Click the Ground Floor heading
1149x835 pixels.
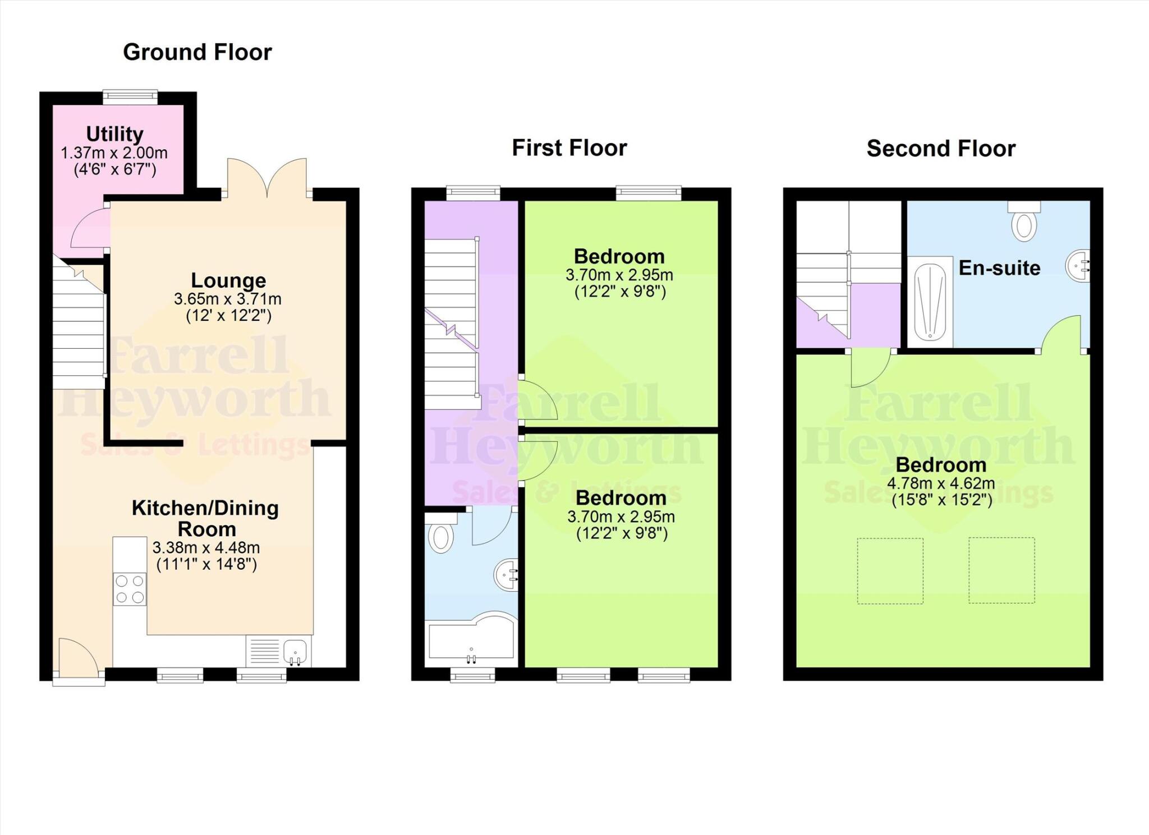(x=197, y=52)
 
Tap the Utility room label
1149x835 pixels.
(x=114, y=134)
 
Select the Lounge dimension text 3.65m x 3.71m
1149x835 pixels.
(x=227, y=299)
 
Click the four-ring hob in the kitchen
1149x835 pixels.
(x=130, y=589)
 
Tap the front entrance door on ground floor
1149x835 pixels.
(x=78, y=662)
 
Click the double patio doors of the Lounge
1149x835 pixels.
(x=267, y=178)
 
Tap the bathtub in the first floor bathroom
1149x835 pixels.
(x=471, y=641)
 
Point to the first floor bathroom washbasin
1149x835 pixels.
(x=507, y=575)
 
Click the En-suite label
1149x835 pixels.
(x=999, y=268)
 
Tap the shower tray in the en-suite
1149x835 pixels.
(x=930, y=302)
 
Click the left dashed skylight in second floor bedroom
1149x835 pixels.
(x=890, y=571)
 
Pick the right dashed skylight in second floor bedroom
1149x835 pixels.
(x=1001, y=570)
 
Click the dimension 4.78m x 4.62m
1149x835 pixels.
(x=941, y=483)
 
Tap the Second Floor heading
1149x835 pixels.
(x=941, y=149)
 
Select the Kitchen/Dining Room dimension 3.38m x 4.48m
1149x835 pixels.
(x=206, y=547)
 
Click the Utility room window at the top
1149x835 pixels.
(x=130, y=97)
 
